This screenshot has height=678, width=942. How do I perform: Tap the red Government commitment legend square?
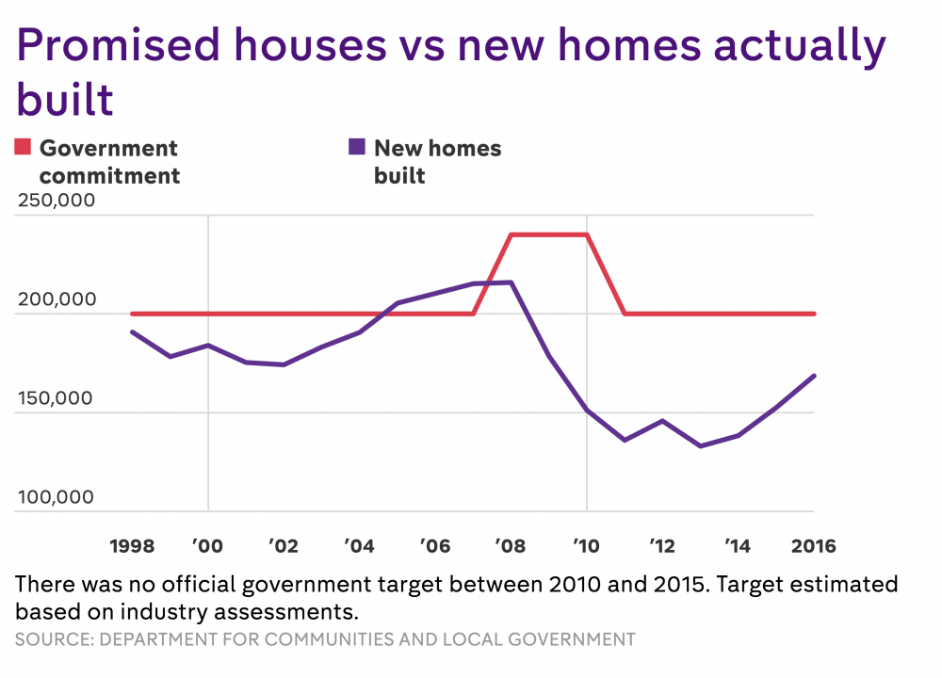pos(23,147)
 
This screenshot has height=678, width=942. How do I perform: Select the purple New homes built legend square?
pos(357,147)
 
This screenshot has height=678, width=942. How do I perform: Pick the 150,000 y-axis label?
pos(55,398)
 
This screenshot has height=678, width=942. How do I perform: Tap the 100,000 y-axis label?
pos(55,497)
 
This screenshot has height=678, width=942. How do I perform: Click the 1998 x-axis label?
pos(132,546)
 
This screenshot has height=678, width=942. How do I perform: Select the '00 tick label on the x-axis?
pos(207,546)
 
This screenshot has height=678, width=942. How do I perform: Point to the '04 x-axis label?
pos(359,546)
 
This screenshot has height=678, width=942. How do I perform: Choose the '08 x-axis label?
pos(511,546)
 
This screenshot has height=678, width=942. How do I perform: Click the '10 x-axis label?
pos(586,546)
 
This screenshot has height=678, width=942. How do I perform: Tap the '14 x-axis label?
pos(738,546)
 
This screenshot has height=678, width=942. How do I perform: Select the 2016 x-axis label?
pos(813,546)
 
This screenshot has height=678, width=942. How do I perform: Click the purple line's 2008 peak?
pos(511,282)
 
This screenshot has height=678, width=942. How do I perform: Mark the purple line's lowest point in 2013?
pos(700,445)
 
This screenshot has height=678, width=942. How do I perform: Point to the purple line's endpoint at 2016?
pos(814,376)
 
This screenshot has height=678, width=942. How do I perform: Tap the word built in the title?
pos(66,99)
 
